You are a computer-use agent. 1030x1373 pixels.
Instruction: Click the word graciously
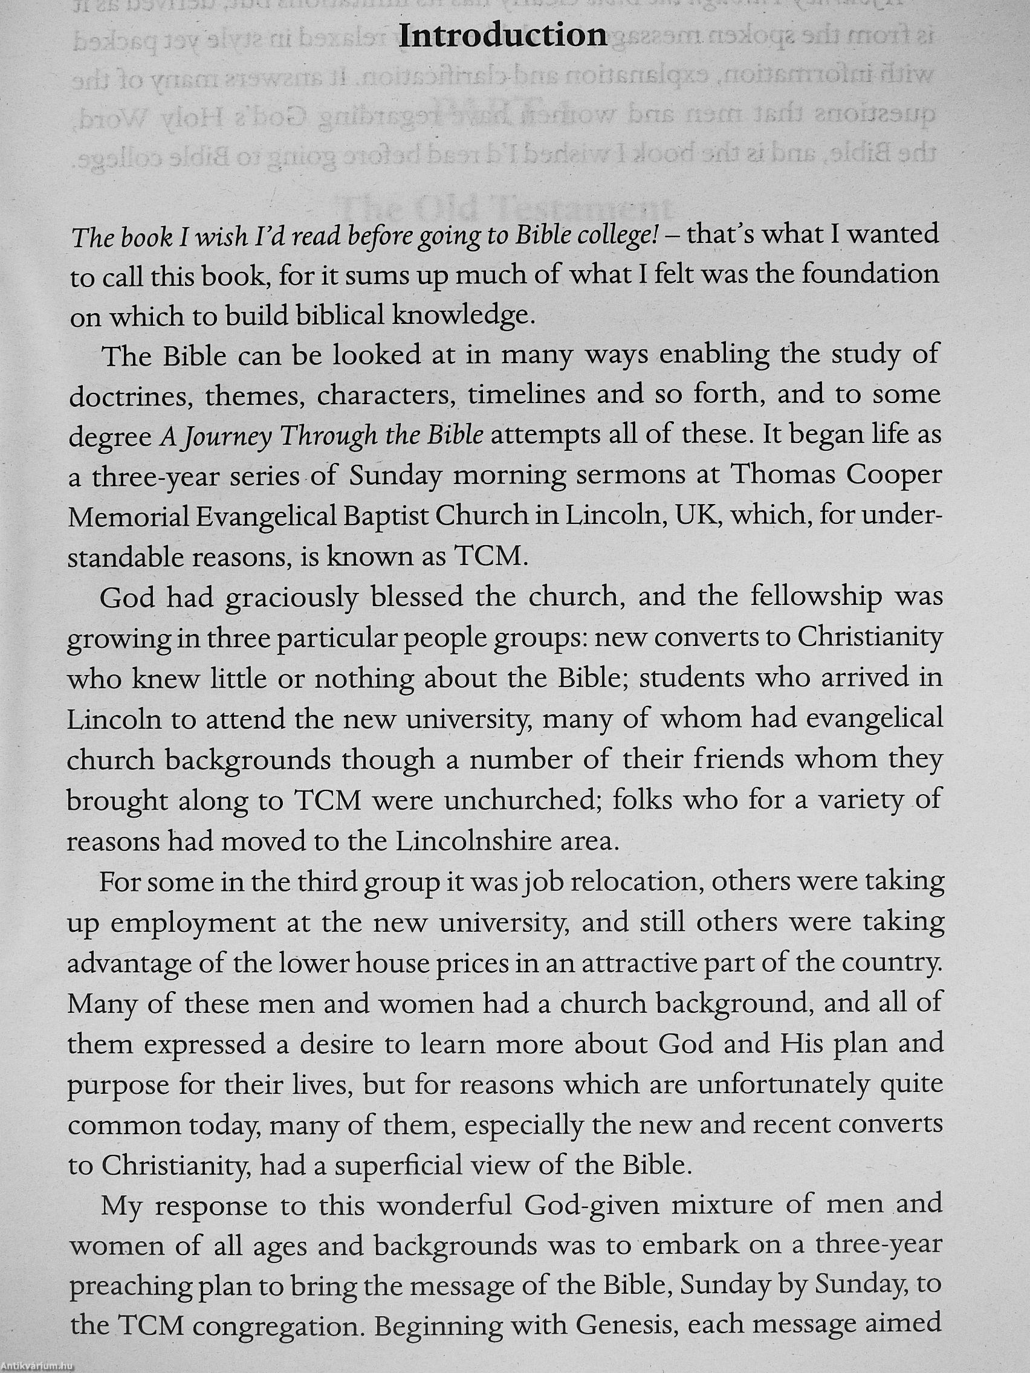(291, 597)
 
